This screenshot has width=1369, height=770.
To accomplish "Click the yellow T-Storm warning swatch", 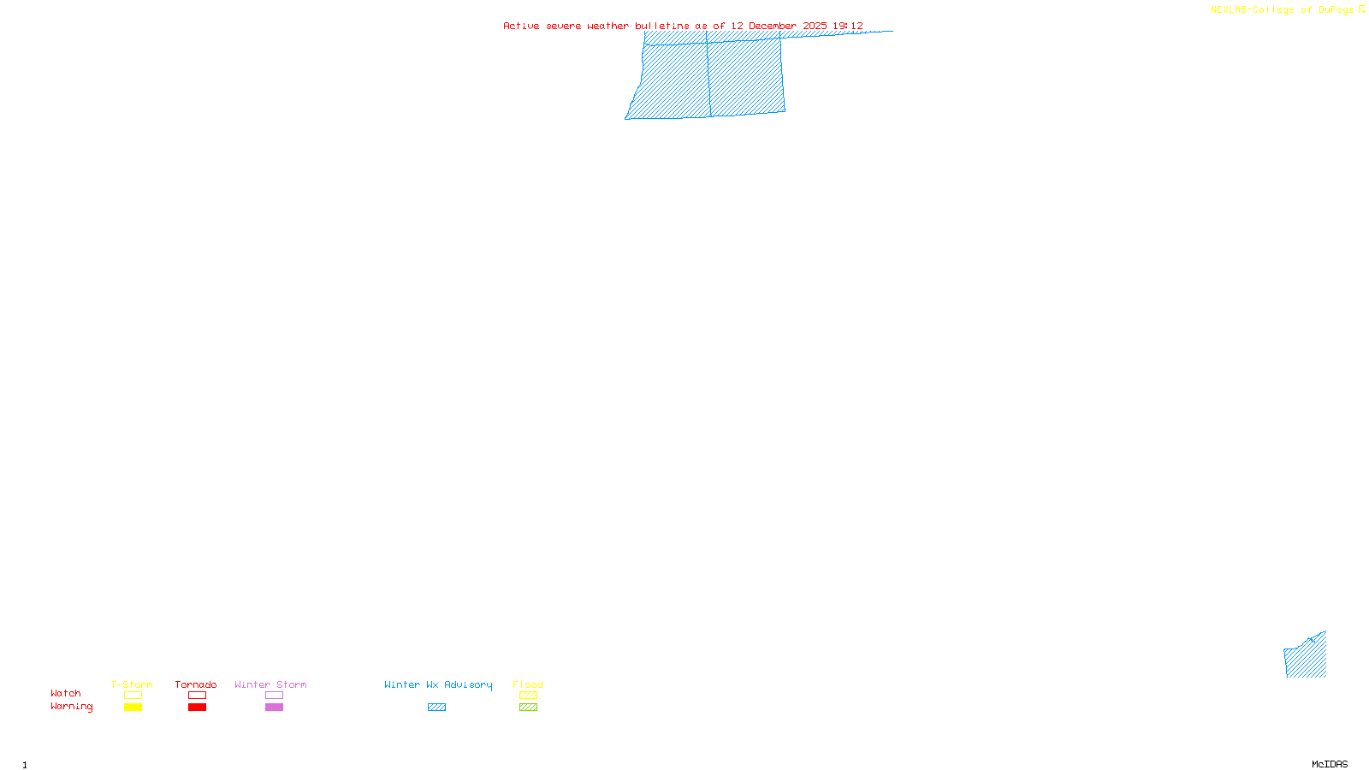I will (133, 708).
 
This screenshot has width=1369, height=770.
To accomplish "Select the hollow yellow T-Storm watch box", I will (133, 696).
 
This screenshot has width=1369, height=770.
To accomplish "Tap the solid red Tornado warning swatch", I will (197, 708).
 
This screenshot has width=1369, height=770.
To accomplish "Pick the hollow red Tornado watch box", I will (197, 696).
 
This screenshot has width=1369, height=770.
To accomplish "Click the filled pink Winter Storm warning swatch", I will (274, 708).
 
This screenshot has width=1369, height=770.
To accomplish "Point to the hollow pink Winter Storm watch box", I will (274, 696).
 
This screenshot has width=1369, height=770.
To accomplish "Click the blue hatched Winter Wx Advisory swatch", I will (436, 708).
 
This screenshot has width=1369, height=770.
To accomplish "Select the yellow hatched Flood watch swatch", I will (528, 696).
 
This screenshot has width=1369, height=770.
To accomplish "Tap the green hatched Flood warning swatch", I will (528, 708).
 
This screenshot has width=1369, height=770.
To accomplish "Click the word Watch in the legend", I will (66, 693).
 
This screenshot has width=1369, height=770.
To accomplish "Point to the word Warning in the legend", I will (71, 707).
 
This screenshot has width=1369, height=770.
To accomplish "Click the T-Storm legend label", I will (132, 684).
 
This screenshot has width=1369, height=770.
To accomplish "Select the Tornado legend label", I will (196, 684).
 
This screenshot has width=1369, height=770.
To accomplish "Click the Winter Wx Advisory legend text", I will (438, 684).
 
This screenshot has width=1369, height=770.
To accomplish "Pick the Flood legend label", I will (528, 684).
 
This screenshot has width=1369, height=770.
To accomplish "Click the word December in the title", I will (773, 26).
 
